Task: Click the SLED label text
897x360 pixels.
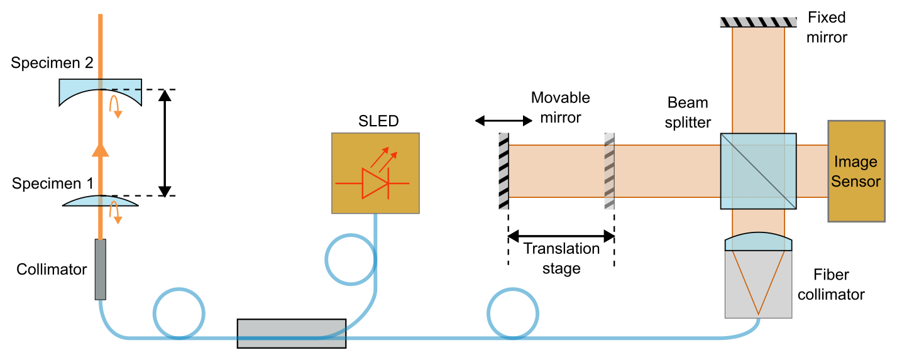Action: pos(375,121)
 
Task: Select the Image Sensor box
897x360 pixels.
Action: pos(855,171)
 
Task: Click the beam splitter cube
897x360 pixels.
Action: pos(758,171)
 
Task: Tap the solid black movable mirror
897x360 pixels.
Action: pos(504,171)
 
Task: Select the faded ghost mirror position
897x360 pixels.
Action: pos(609,171)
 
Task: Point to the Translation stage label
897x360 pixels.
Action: pos(561,258)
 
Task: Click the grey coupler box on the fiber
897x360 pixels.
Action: pos(291,333)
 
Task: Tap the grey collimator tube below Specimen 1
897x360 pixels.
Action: pos(101,269)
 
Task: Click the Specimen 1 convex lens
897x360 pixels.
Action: pos(100,201)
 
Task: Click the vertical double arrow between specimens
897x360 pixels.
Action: pos(165,143)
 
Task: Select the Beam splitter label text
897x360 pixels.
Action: pos(688,112)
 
